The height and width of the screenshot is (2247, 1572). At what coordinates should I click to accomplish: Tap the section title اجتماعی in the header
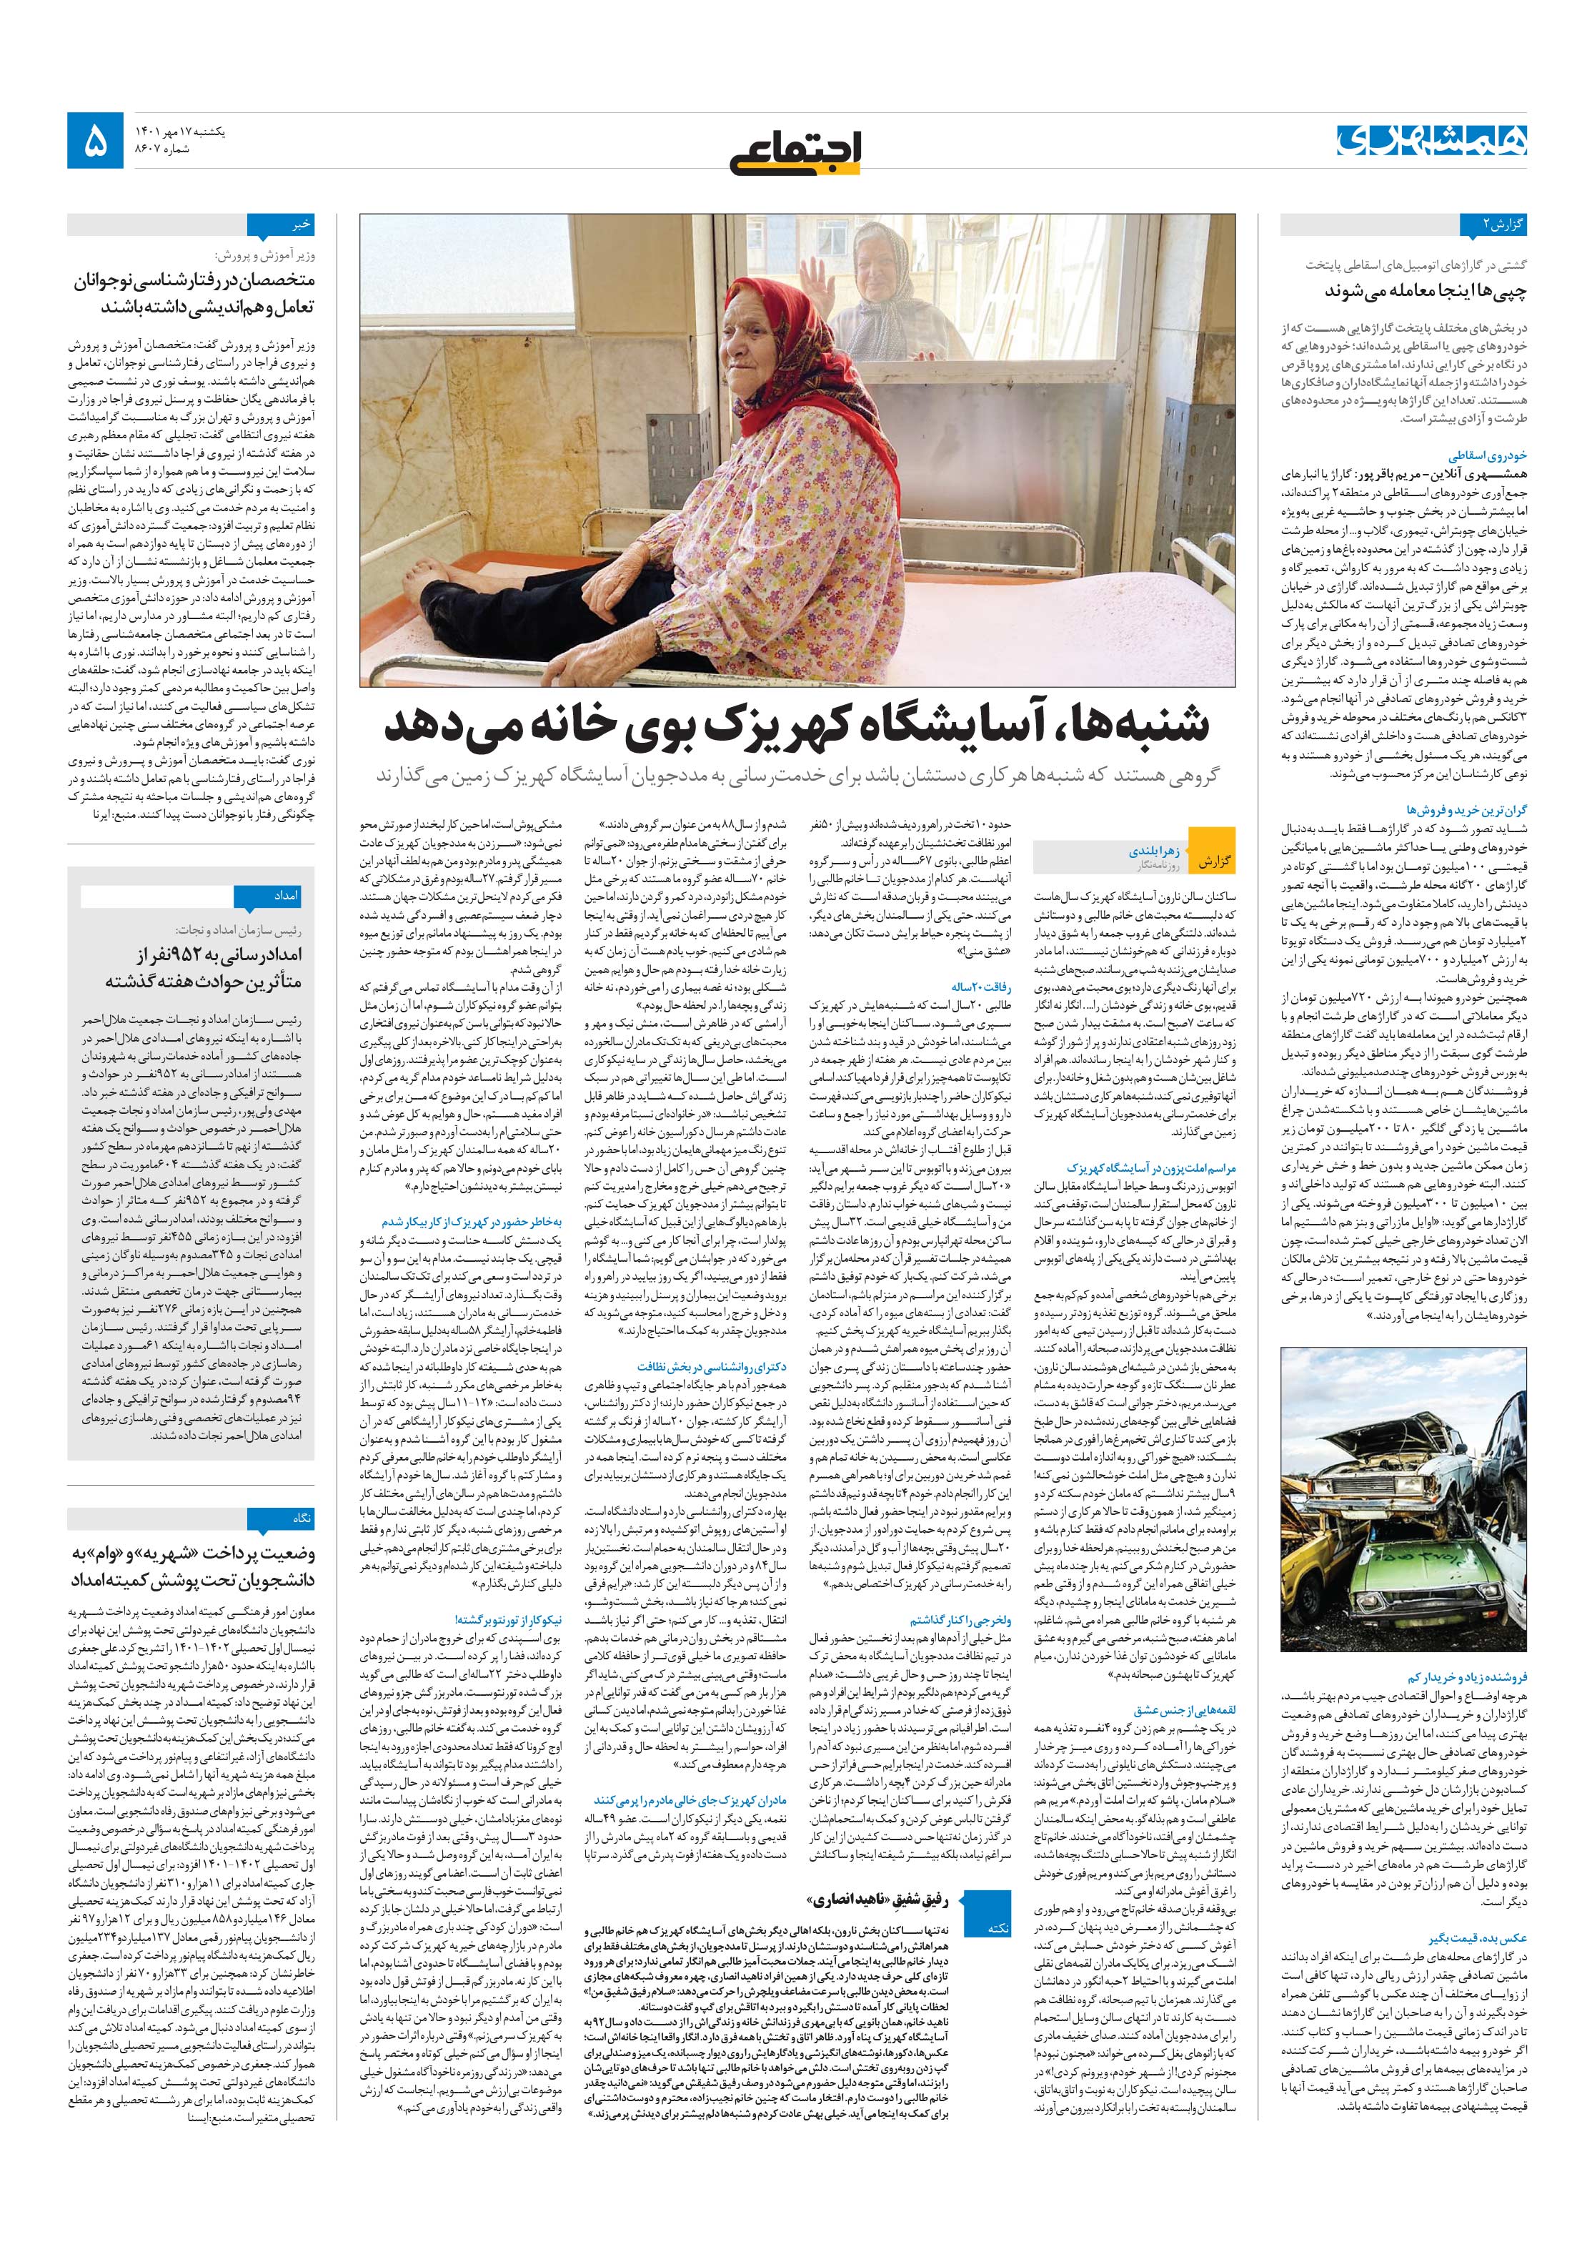click(x=795, y=154)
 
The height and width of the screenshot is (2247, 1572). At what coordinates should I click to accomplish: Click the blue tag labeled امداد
click(x=287, y=896)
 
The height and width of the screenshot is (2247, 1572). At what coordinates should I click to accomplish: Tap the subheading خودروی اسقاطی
click(x=1487, y=455)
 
